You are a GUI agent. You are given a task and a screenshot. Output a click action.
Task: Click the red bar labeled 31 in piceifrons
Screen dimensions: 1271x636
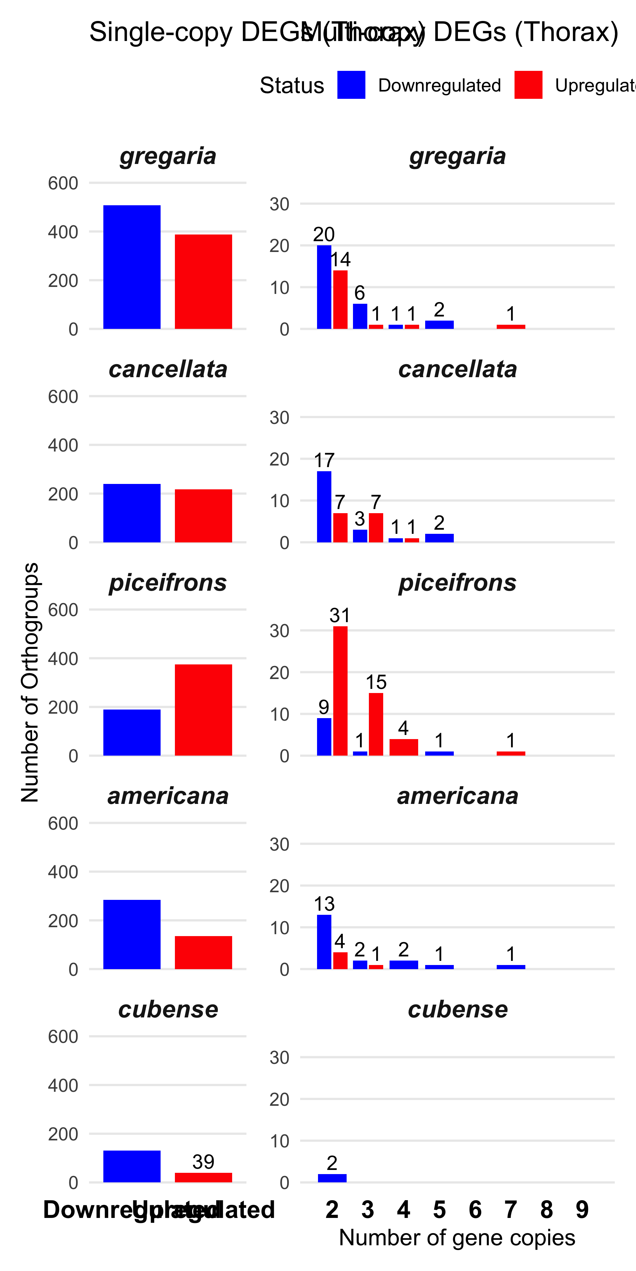(x=340, y=691)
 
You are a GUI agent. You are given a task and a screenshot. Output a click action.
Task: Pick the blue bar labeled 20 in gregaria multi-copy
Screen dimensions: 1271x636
(x=324, y=287)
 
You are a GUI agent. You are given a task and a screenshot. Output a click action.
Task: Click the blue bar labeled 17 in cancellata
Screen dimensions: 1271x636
(x=324, y=507)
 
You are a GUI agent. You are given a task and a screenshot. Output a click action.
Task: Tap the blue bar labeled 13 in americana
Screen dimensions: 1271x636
(x=324, y=942)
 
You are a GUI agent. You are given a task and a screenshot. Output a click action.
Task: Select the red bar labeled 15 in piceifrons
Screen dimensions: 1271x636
(x=376, y=724)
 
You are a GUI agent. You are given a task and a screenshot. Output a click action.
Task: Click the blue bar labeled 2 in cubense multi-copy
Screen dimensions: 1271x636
(x=332, y=1178)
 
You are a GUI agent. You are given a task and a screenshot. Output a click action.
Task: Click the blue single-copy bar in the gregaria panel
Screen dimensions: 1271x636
(x=132, y=267)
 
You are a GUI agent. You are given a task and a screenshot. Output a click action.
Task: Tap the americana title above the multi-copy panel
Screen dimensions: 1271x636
(x=457, y=796)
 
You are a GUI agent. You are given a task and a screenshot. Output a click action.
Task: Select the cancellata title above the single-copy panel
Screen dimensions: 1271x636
(x=168, y=369)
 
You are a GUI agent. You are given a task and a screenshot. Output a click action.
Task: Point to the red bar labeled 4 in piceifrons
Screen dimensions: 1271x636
(x=404, y=747)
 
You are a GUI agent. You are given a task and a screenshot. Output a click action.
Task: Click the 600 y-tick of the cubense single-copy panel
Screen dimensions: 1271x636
(x=63, y=1037)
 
